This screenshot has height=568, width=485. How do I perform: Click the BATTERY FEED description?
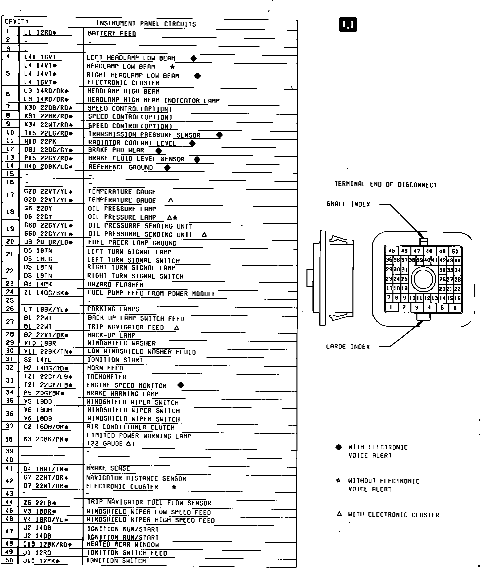[x=112, y=33]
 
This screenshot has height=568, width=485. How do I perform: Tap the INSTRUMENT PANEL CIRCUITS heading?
[x=146, y=24]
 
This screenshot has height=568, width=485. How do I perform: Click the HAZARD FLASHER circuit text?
[x=115, y=285]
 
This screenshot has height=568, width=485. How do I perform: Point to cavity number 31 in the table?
[x=10, y=359]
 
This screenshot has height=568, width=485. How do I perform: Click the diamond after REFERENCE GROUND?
[x=167, y=168]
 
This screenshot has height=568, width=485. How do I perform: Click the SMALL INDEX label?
[x=348, y=204]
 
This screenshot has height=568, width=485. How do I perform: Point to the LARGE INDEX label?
[x=348, y=347]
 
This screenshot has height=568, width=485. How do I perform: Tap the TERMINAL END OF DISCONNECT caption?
[x=385, y=184]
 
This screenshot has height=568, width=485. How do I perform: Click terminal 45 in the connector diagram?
[x=392, y=251]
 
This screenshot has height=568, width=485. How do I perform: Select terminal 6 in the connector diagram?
[x=455, y=308]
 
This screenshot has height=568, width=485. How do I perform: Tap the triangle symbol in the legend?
[x=339, y=514]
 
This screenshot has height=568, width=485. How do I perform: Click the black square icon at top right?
[x=348, y=24]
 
